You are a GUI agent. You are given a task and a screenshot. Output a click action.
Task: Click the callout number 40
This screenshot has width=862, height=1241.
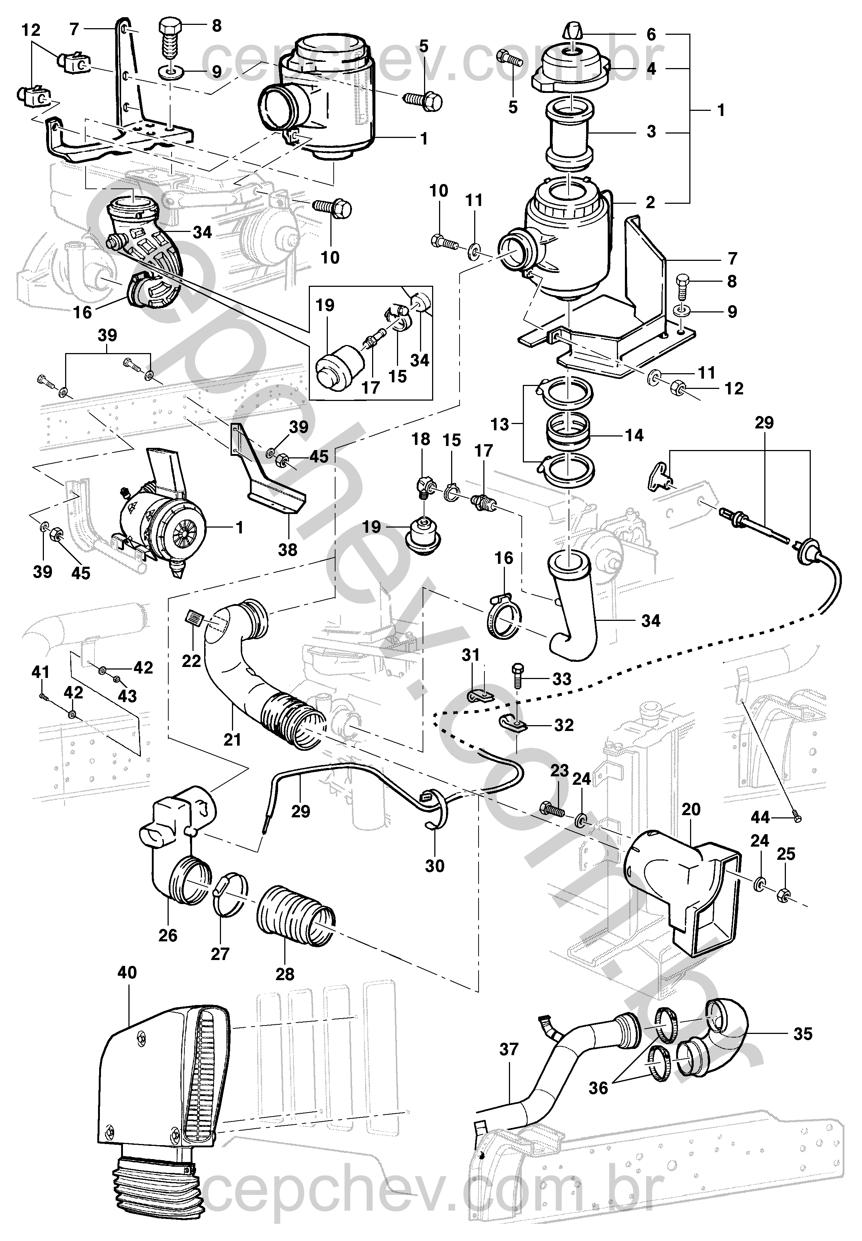coord(127,973)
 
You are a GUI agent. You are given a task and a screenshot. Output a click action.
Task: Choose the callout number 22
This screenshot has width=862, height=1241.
coord(191,661)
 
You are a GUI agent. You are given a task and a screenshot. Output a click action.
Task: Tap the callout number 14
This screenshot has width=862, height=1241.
coord(635,435)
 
